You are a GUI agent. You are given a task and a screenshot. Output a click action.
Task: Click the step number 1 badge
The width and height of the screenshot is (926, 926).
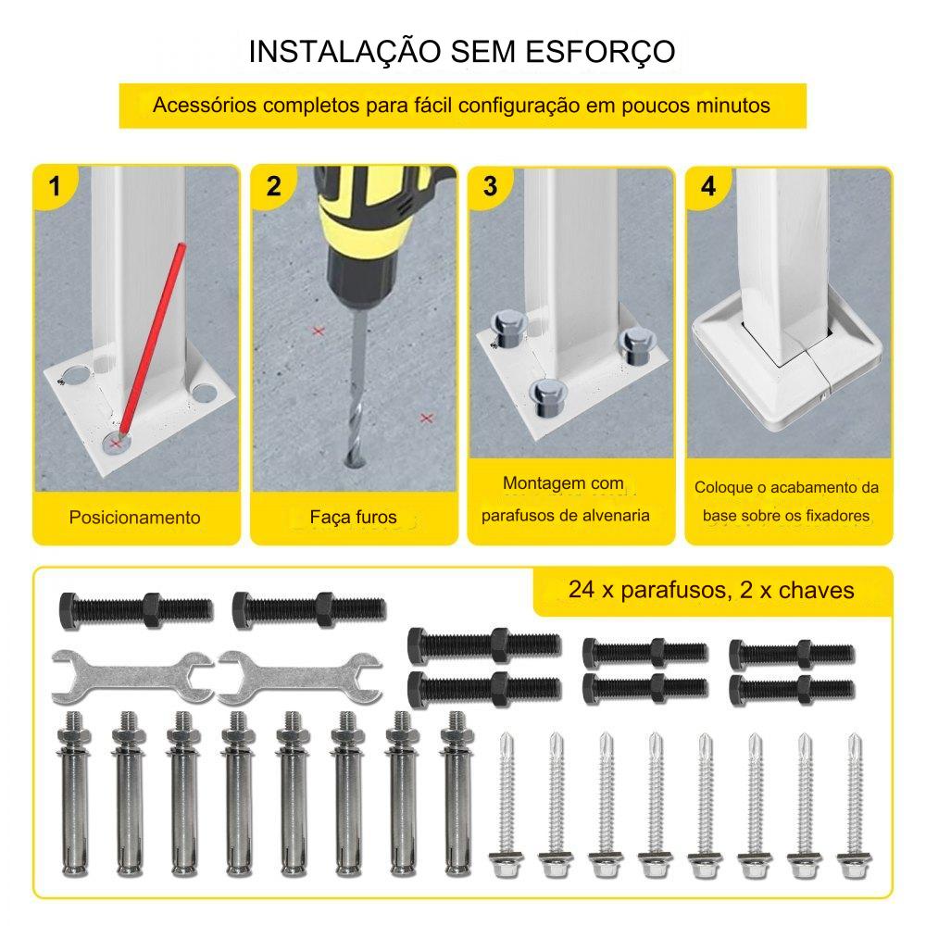point(55,187)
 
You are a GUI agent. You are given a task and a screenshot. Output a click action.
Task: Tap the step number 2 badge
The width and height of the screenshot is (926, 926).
point(273,187)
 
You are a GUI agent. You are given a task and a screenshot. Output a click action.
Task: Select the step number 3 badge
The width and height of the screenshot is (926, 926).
point(490,187)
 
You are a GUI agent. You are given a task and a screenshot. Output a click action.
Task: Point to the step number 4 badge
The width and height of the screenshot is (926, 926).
point(708,187)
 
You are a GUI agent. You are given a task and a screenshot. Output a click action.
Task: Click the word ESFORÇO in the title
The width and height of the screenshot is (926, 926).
point(600,51)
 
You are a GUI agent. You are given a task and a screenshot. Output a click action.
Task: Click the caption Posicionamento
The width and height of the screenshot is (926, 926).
point(134,518)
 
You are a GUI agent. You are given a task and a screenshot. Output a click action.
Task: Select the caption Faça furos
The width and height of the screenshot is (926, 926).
point(353,518)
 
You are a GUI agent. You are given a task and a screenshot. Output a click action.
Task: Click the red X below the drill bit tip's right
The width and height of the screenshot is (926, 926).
point(426,419)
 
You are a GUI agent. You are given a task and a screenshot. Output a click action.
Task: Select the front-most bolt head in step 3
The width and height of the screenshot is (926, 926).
point(547,397)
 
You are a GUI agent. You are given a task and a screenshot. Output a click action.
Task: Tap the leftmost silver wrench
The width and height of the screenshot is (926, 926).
point(132,678)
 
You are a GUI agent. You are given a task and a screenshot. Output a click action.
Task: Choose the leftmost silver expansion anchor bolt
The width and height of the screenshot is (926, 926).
point(74,794)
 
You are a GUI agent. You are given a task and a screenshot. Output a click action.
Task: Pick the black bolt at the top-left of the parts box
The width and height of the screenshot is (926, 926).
point(136,610)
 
